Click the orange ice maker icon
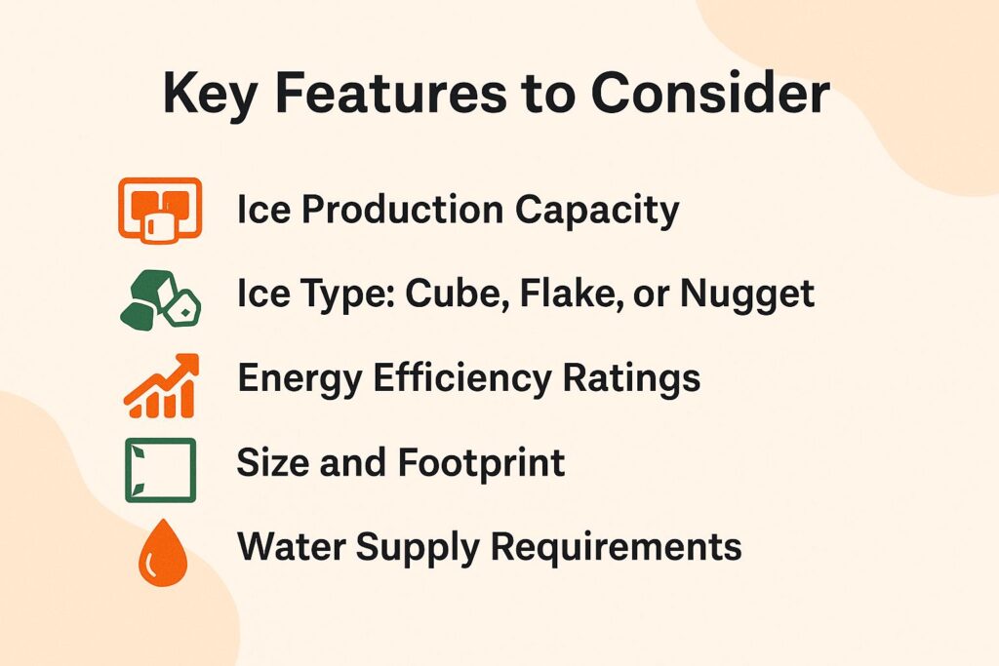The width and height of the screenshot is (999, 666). [159, 209]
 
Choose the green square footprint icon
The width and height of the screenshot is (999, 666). [160, 470]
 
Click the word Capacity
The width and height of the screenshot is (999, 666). [604, 211]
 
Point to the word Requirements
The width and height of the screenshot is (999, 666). [616, 548]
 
